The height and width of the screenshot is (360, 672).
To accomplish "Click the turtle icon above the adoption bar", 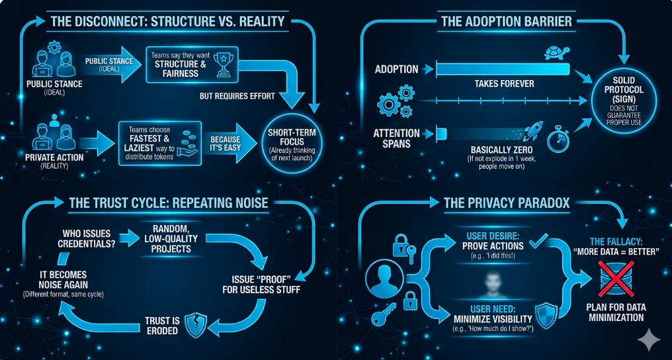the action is [x=554, y=52].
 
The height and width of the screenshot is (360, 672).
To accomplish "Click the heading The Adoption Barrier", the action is [x=506, y=21].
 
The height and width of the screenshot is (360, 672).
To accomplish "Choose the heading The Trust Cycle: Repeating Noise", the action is [x=169, y=202].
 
